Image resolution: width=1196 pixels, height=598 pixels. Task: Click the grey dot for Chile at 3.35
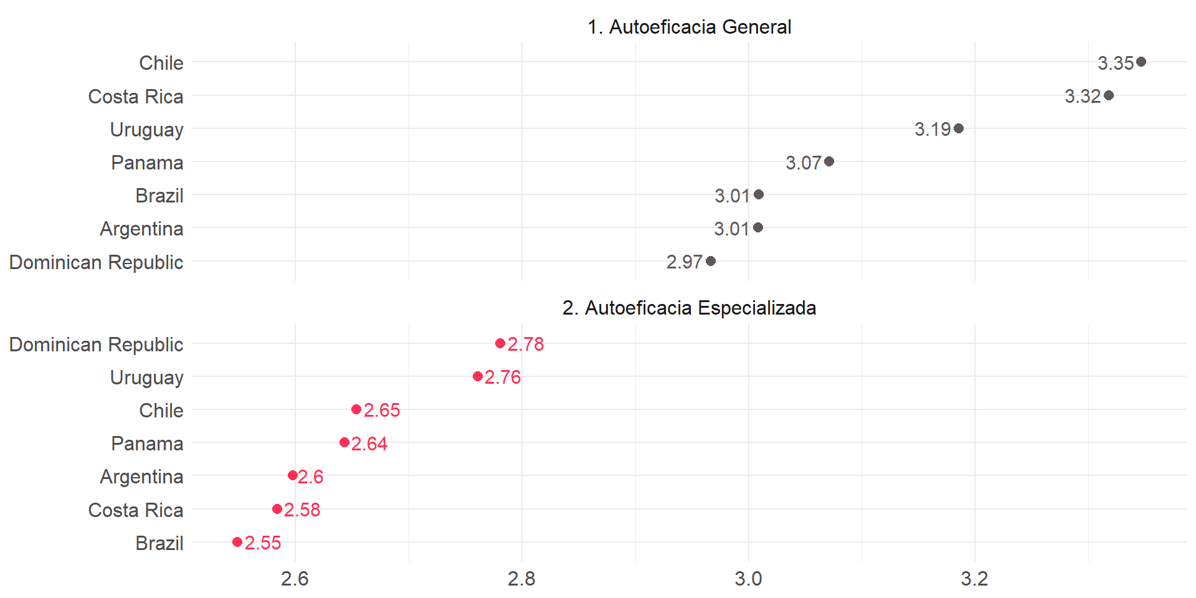coord(1141,62)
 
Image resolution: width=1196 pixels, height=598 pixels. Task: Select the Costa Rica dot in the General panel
coord(1108,95)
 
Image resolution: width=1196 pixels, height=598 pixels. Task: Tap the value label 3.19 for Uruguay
coord(933,129)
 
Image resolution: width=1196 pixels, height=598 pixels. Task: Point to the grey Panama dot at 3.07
coord(828,161)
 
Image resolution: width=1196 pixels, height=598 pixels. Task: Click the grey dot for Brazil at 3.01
coord(758,194)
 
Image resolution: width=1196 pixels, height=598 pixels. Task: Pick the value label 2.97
coord(684,262)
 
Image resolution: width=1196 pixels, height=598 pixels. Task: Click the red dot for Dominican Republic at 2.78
coord(500,343)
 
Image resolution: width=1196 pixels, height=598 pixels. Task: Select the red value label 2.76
coord(503,377)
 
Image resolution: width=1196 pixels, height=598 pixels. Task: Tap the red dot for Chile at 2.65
coord(356,409)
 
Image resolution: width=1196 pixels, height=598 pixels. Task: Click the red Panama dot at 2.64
coord(344,442)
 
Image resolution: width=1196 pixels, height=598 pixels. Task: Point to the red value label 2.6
coord(310,477)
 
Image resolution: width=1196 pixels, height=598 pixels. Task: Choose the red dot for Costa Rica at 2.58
coord(277,509)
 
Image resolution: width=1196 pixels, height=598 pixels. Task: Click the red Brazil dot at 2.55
coord(237,542)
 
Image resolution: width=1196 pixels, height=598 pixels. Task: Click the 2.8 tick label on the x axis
coord(521,579)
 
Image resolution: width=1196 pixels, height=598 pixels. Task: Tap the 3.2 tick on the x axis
coord(974,579)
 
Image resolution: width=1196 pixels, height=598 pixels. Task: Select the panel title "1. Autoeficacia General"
coord(689,27)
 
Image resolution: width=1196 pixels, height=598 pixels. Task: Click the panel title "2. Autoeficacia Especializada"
coord(689,308)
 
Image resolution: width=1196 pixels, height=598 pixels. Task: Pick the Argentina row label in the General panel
coord(141,229)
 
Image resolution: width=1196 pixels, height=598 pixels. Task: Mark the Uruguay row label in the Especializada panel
coord(146,377)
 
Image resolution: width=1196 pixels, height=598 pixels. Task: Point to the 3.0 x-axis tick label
coord(748,579)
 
